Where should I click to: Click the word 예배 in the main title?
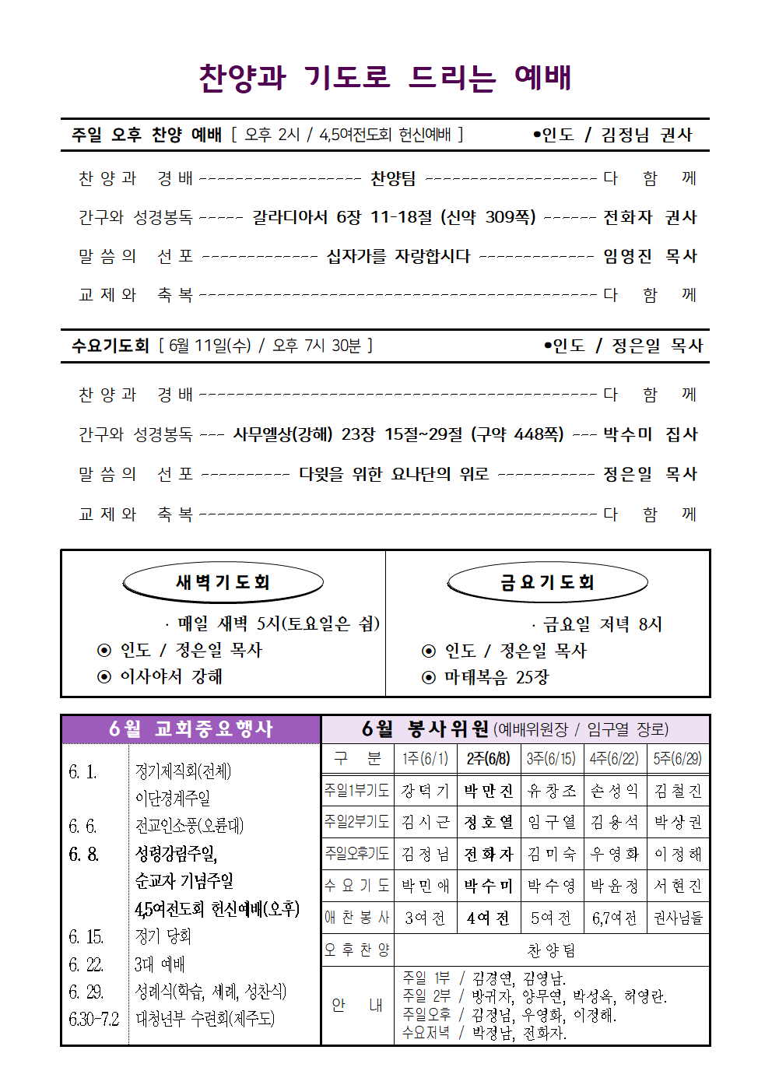pos(543,77)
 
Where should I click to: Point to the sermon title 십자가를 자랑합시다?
pos(398,256)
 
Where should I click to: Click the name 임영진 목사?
pos(650,256)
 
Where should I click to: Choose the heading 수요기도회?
pos(110,346)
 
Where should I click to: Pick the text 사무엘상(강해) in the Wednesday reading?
pos(282,434)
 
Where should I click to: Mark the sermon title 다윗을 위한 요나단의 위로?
pos(394,474)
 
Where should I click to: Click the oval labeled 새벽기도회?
pos(223,582)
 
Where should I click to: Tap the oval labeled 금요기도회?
pos(547,582)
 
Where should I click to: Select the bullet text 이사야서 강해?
pos(171,676)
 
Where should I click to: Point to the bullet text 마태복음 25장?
pos(497,677)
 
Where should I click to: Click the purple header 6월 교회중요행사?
pos(191,729)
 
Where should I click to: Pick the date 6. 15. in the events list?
pos(86,936)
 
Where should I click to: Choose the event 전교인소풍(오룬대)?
pos(189,826)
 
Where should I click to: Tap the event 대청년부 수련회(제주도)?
pos(205,1019)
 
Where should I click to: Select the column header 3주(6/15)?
pos(550,759)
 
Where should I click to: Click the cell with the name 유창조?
pos(551,791)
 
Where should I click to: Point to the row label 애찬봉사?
pos(356,918)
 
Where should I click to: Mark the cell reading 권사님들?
pos(678,918)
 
